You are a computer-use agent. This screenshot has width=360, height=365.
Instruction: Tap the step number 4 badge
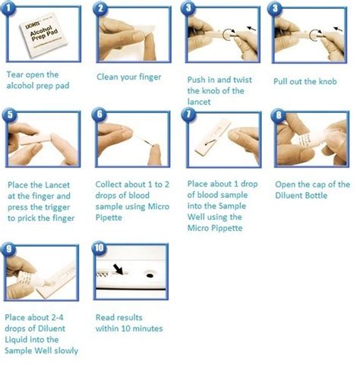[277, 9]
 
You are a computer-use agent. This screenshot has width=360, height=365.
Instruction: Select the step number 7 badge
[189, 116]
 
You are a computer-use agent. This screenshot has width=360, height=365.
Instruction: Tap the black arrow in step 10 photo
[120, 269]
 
